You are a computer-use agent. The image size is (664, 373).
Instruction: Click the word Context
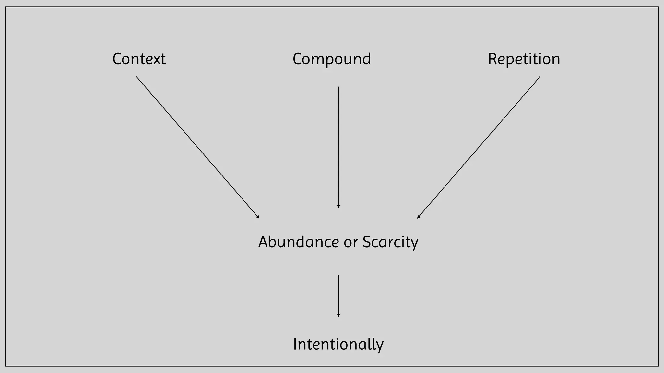click(x=139, y=59)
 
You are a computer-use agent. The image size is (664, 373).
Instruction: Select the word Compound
click(x=331, y=59)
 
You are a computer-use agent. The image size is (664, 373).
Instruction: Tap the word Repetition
click(x=524, y=59)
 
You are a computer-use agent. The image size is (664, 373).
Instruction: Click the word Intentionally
click(x=338, y=344)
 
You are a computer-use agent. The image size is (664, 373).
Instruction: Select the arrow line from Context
click(x=198, y=147)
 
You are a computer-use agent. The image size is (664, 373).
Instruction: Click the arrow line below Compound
click(x=338, y=146)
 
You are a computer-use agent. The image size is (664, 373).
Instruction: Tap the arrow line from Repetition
click(x=479, y=147)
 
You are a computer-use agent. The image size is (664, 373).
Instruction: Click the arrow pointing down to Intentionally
click(x=338, y=295)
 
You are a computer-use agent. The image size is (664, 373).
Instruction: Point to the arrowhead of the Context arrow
click(x=258, y=217)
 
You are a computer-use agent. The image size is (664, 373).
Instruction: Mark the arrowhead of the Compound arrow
click(x=338, y=206)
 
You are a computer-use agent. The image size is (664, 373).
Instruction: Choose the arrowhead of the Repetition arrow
click(x=418, y=217)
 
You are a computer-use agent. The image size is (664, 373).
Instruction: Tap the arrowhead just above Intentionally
click(x=338, y=315)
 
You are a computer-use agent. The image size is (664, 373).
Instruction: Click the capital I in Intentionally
click(x=295, y=344)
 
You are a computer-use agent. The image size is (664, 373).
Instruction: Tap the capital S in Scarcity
click(x=367, y=242)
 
